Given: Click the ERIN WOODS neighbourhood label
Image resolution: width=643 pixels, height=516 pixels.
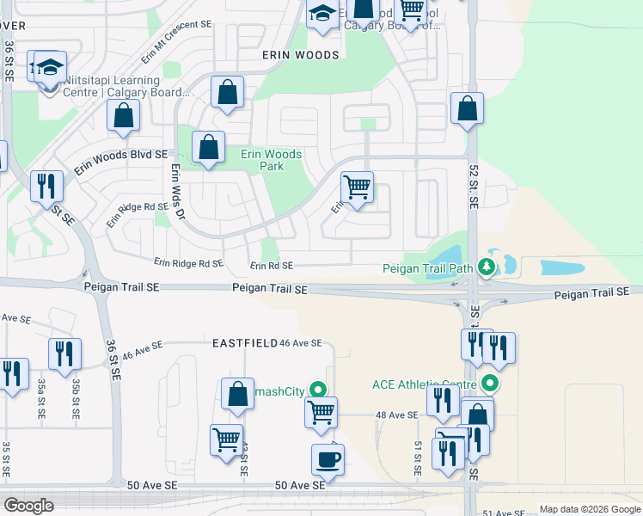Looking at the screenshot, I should (x=301, y=54).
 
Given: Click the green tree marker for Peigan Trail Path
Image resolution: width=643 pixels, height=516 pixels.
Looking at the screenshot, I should (x=487, y=267).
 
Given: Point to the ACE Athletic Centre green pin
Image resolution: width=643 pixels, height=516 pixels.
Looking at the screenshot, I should (x=491, y=383).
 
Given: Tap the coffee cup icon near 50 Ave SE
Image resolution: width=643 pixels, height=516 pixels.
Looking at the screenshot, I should (x=327, y=459).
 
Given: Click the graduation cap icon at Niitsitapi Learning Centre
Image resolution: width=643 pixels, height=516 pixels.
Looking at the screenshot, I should (x=50, y=67).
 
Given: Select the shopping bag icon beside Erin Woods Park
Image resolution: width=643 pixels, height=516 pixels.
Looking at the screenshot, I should (x=209, y=148).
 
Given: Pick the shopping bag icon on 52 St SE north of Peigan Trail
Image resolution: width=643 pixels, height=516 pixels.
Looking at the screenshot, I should (x=468, y=109).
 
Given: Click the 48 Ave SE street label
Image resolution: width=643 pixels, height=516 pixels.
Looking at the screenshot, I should (x=397, y=415).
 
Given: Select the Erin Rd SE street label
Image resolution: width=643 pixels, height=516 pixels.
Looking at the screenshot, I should (x=272, y=267).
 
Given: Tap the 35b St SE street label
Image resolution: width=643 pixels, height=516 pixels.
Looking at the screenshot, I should (x=76, y=398).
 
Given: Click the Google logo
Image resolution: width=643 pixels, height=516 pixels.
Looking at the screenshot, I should (x=28, y=506).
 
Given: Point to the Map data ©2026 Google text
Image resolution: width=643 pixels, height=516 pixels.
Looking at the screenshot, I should (x=589, y=509).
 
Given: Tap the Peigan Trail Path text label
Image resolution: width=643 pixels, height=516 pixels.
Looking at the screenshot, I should (x=428, y=268).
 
